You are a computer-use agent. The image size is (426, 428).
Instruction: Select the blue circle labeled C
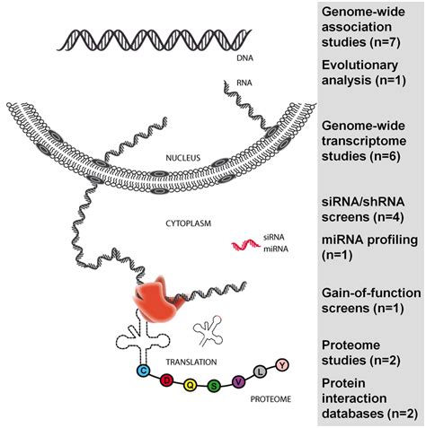point(142,369)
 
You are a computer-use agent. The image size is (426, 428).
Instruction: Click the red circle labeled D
point(166,380)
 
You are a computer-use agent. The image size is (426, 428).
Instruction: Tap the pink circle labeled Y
point(281,363)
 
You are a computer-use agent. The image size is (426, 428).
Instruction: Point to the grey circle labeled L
point(261,371)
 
